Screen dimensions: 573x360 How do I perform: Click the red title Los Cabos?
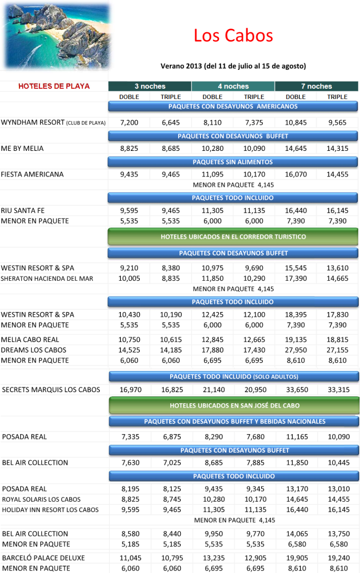pyautogui.click(x=233, y=36)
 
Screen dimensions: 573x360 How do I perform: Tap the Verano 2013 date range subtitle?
pyautogui.click(x=233, y=66)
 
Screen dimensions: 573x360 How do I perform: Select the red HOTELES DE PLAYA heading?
pyautogui.click(x=54, y=86)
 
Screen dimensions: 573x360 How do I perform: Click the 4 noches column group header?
pyautogui.click(x=233, y=86)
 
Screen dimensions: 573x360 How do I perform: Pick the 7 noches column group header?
pyautogui.click(x=316, y=86)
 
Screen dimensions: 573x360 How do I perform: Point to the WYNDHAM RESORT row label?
pyautogui.click(x=53, y=122)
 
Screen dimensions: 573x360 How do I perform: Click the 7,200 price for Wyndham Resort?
pyautogui.click(x=129, y=122)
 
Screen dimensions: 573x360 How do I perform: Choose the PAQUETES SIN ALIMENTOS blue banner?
pyautogui.click(x=233, y=162)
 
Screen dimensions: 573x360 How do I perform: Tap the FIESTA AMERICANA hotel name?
pyautogui.click(x=32, y=175)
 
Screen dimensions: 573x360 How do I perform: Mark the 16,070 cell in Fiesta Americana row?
pyautogui.click(x=296, y=175)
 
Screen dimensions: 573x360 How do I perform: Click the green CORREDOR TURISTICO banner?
pyautogui.click(x=233, y=237)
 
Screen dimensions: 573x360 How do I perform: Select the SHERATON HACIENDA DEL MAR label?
pyautogui.click(x=47, y=278)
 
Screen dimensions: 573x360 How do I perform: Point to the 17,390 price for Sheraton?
pyautogui.click(x=296, y=278)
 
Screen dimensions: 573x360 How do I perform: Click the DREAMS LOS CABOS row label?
pyautogui.click(x=34, y=350)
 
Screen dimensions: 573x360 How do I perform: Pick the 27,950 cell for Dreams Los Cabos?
pyautogui.click(x=296, y=350)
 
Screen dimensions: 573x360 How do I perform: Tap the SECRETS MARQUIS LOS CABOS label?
pyautogui.click(x=51, y=390)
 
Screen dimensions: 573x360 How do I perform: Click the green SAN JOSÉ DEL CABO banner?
pyautogui.click(x=234, y=406)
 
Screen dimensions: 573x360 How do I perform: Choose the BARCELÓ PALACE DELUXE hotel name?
pyautogui.click(x=43, y=558)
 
